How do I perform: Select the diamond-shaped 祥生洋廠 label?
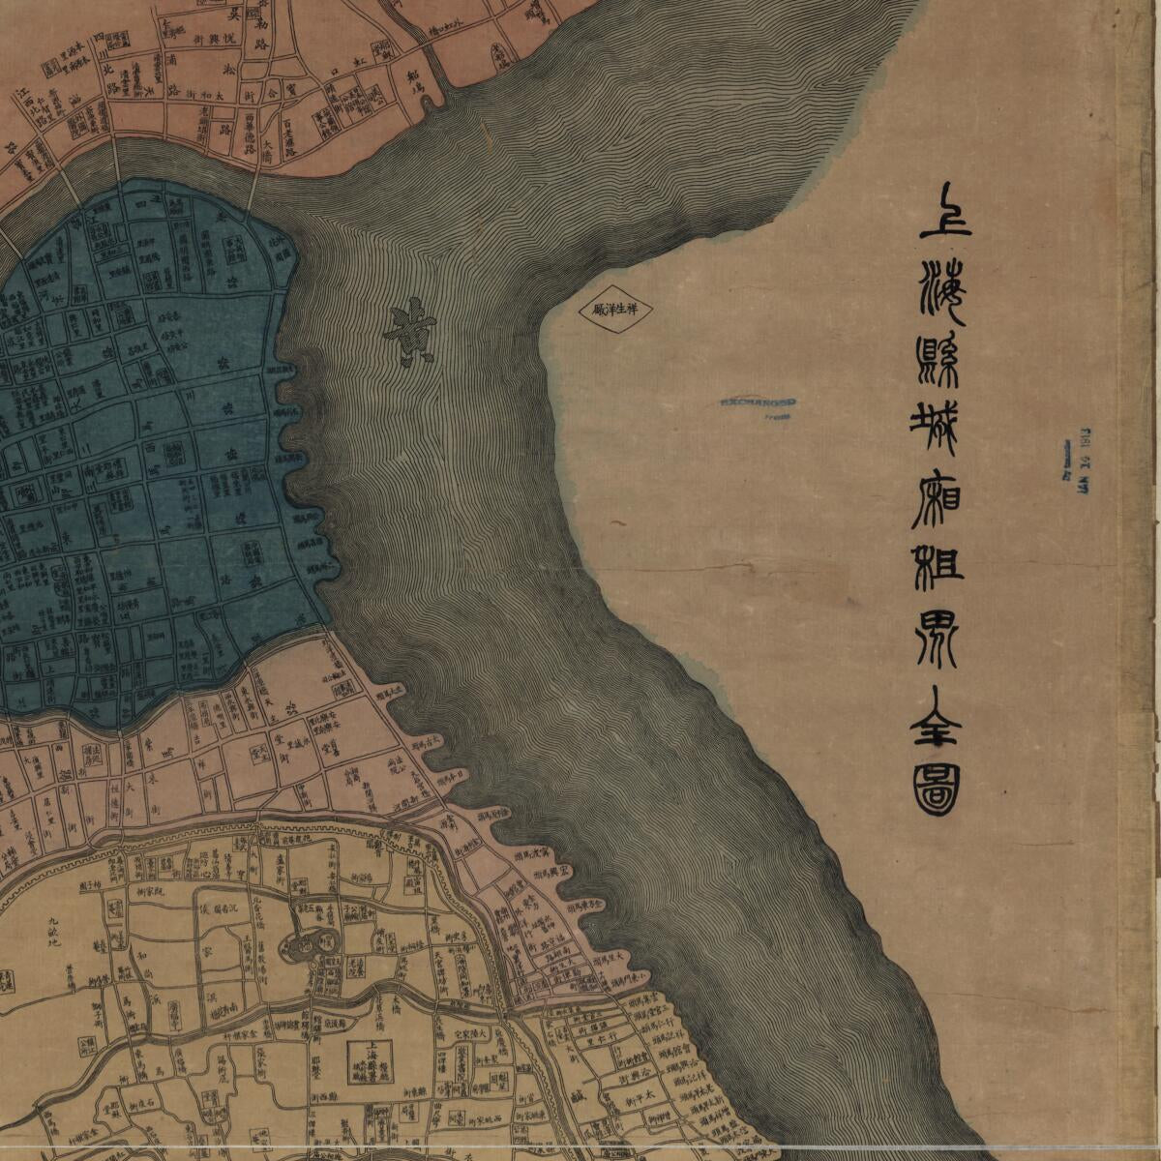click(618, 311)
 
